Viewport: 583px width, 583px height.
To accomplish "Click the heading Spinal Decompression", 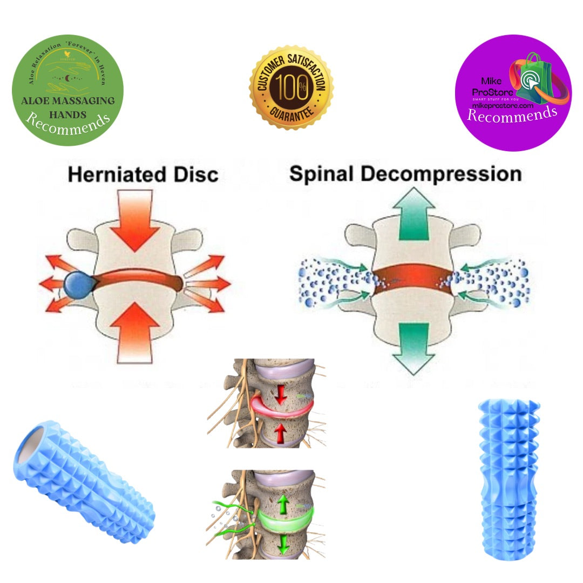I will tap(405, 174).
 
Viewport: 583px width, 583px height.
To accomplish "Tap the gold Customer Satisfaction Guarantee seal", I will tap(291, 87).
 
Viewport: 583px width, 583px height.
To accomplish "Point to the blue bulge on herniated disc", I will tap(78, 284).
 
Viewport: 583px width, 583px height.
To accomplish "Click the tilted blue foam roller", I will tap(84, 480).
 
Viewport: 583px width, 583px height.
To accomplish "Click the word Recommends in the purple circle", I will tap(511, 114).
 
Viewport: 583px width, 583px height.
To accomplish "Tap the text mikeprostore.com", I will tap(503, 106).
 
